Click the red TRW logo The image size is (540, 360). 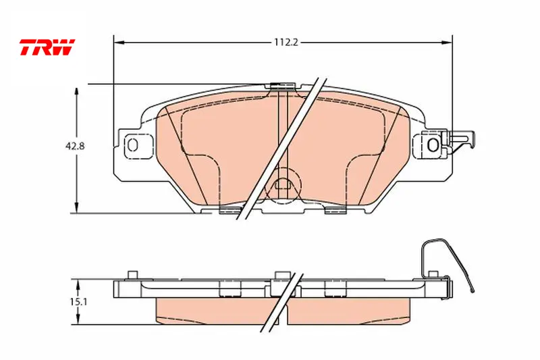tap(47, 47)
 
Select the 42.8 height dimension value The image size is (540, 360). tap(75, 146)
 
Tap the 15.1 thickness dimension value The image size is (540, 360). tap(79, 302)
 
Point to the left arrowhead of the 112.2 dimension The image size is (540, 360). tap(119, 43)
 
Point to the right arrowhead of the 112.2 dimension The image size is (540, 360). tap(447, 43)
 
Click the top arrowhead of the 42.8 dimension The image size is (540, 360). tap(77, 93)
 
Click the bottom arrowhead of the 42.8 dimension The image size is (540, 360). tap(77, 208)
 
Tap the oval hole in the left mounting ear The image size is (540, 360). tap(132, 145)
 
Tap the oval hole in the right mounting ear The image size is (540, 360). tap(433, 145)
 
